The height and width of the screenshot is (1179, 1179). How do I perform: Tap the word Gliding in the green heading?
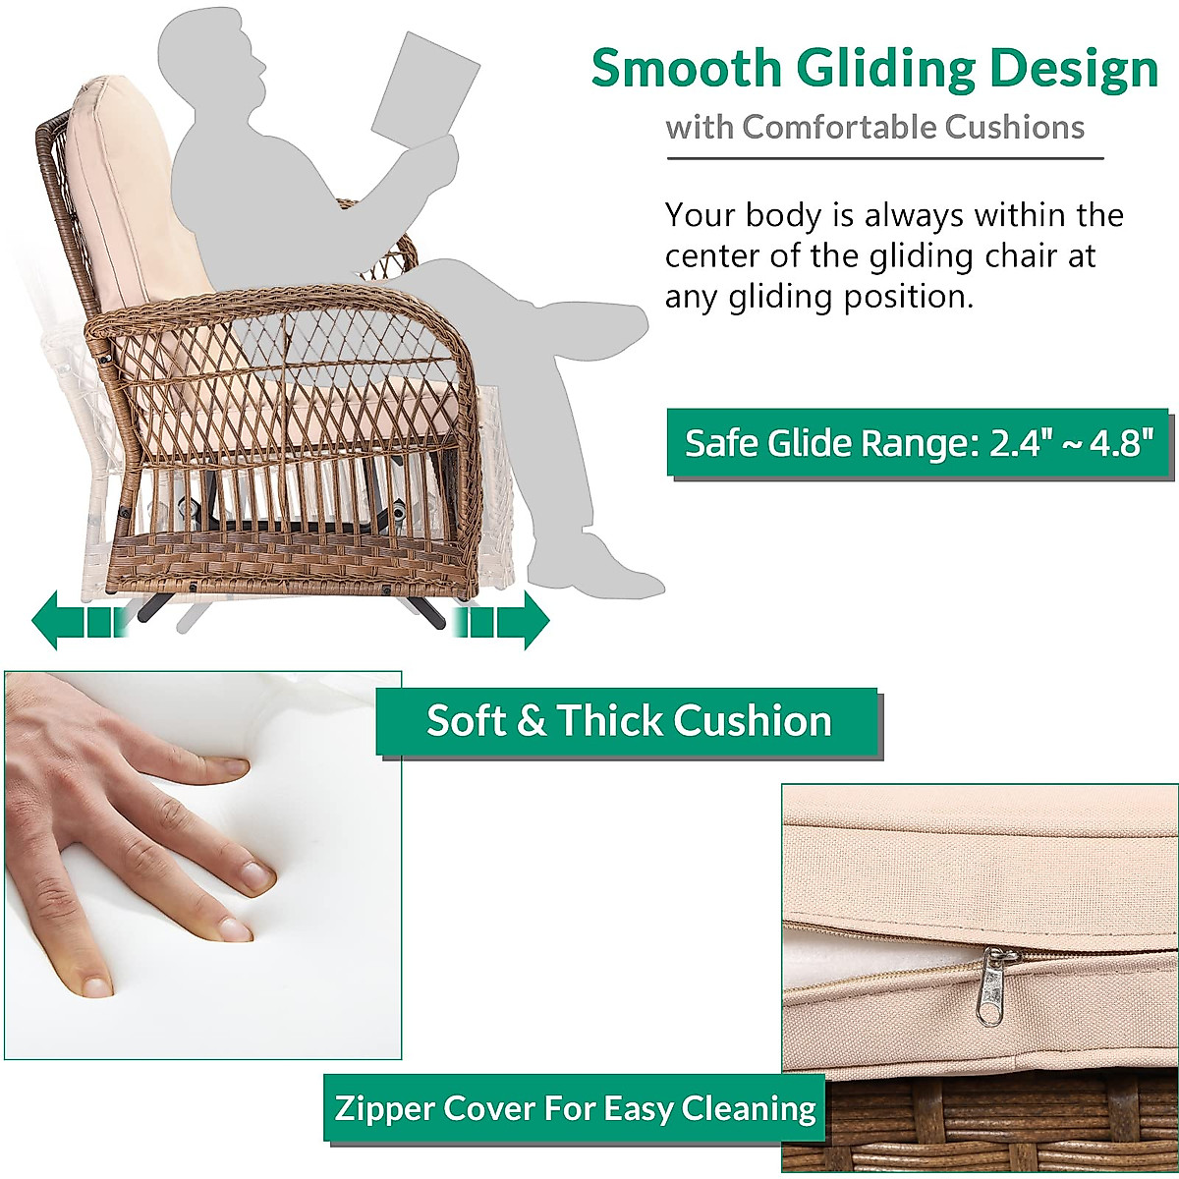coord(884,72)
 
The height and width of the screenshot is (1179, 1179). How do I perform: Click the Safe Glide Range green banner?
coord(918,442)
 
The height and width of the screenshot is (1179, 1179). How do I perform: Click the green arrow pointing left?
coord(80,620)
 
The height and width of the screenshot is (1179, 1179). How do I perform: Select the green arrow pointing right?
coord(501,620)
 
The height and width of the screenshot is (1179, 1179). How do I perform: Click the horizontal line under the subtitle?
coord(884,158)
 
